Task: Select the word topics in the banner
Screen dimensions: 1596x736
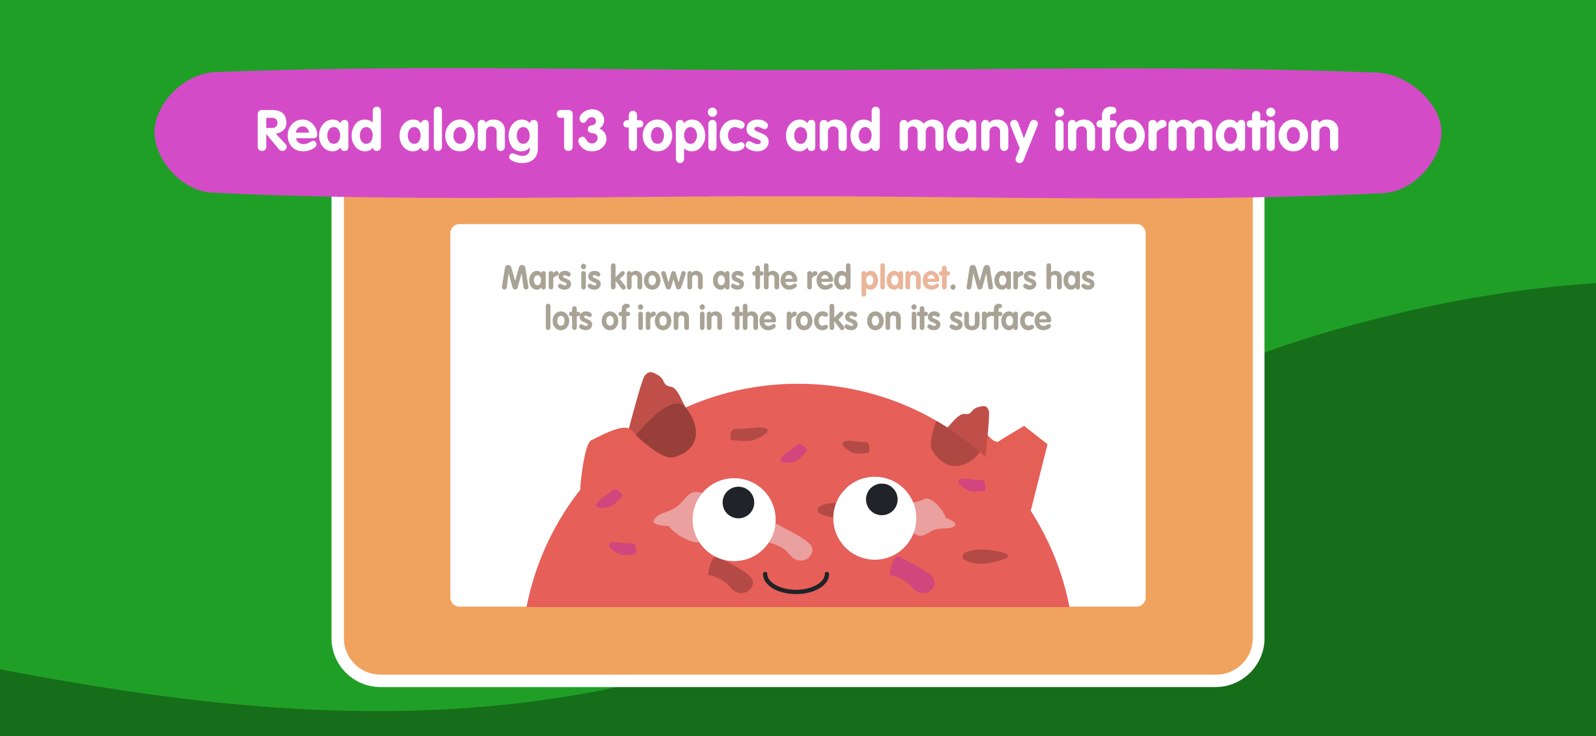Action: [x=696, y=135]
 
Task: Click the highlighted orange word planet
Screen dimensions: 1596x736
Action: [x=905, y=279]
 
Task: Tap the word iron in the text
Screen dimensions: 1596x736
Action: [x=663, y=318]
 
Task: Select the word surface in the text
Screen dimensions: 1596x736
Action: [x=1000, y=318]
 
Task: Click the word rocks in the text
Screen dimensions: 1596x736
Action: [x=821, y=318]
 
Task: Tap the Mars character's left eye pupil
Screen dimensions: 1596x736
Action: [x=738, y=502]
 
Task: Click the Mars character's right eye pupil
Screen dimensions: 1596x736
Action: [x=882, y=499]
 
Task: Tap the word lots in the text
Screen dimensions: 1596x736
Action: [x=568, y=318]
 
